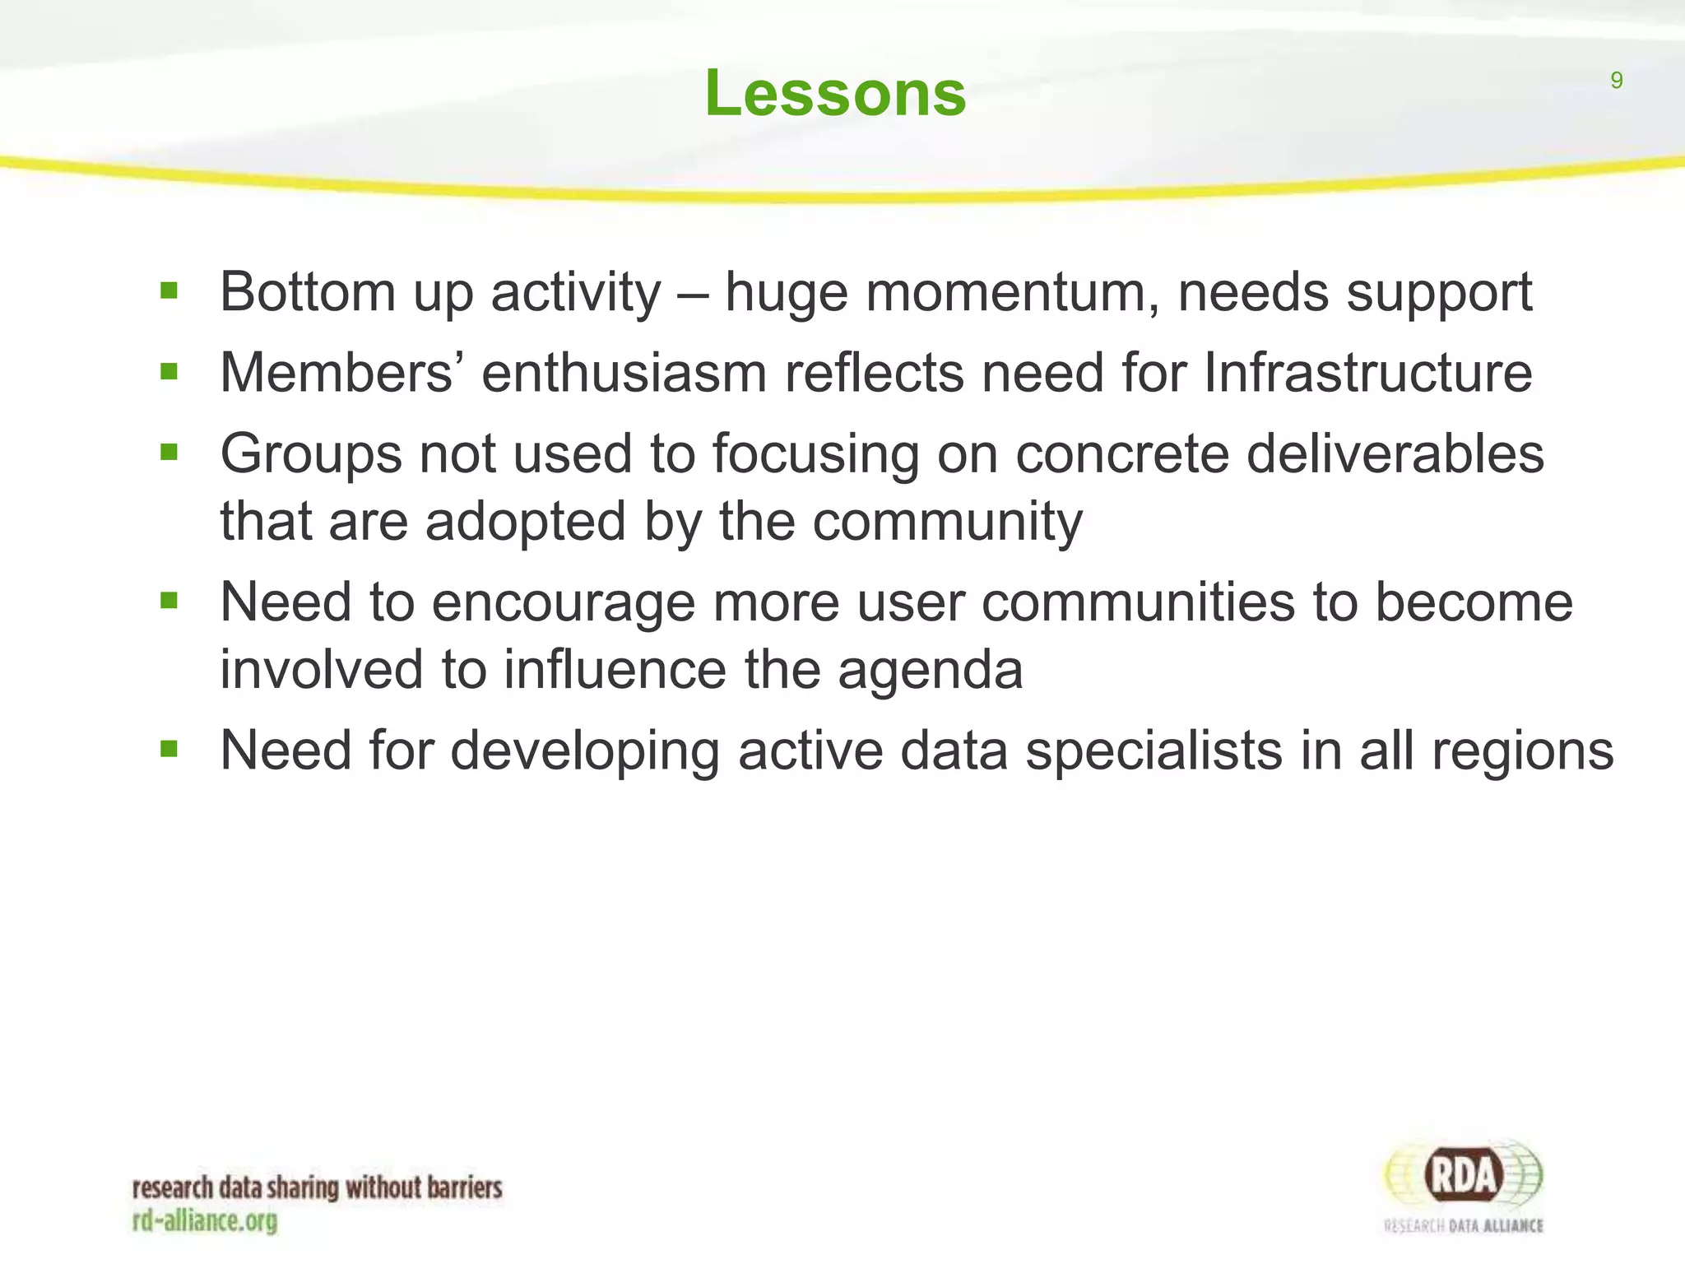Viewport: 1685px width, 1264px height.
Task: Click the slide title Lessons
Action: (x=835, y=93)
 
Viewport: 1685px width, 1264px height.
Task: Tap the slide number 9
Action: (x=1616, y=81)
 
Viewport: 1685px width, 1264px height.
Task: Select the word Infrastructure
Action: (x=1367, y=374)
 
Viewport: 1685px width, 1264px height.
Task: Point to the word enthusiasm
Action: (x=624, y=374)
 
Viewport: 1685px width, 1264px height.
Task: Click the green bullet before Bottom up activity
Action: (x=169, y=290)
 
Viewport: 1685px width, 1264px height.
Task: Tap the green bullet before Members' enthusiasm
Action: (x=169, y=372)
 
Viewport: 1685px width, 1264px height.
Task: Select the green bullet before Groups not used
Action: (x=169, y=453)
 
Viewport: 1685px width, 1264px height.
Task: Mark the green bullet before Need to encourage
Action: (x=169, y=601)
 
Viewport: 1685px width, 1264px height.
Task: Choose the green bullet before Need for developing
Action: (x=169, y=749)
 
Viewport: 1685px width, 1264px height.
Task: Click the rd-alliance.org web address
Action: (x=205, y=1220)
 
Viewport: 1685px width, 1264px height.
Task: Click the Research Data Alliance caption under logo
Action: (x=1464, y=1226)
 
